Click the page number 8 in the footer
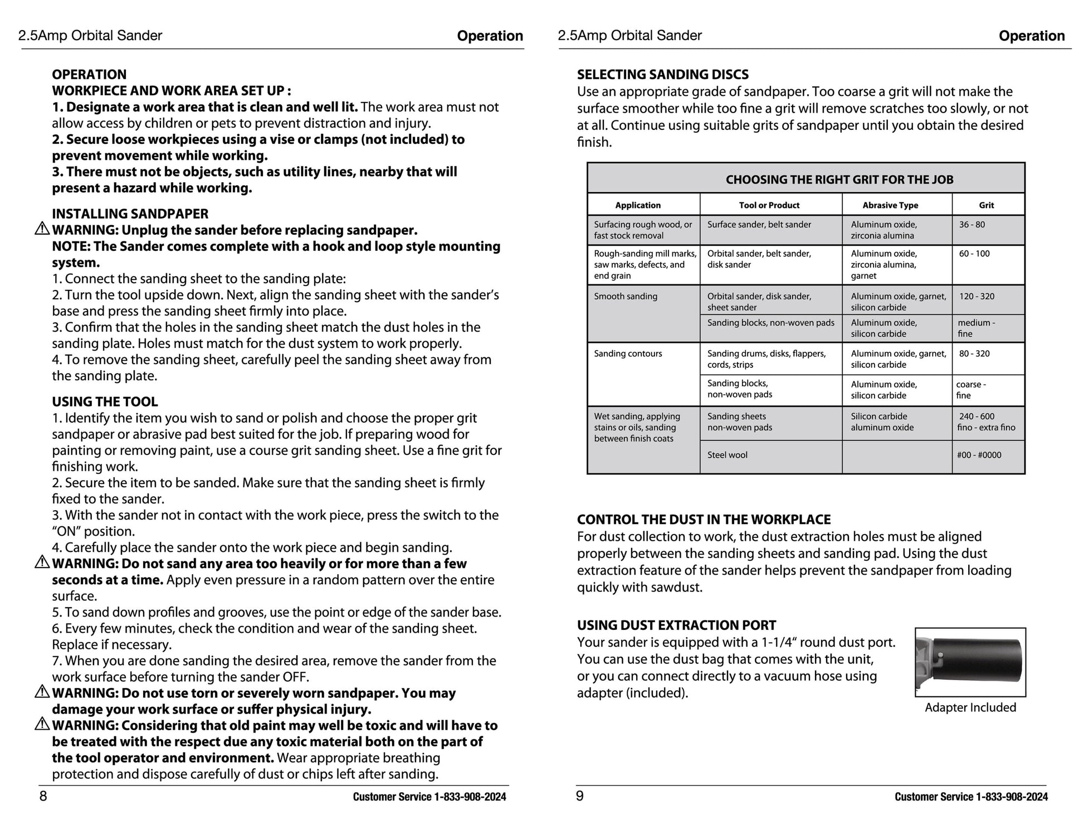[x=43, y=796]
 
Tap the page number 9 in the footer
[x=580, y=796]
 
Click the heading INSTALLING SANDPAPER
[x=130, y=214]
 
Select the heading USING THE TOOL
[x=105, y=401]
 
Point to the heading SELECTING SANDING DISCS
[x=662, y=74]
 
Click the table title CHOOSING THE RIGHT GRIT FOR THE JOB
[x=839, y=180]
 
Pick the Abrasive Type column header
[x=890, y=205]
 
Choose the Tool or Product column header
[x=769, y=205]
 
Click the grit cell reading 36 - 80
[x=971, y=225]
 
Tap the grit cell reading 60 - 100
[x=974, y=254]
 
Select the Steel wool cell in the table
[x=727, y=455]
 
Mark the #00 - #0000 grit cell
[x=979, y=455]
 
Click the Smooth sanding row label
[x=625, y=297]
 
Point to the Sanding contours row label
[x=628, y=353]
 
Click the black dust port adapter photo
[x=970, y=662]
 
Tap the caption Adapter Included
[x=970, y=707]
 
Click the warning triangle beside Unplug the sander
[x=42, y=229]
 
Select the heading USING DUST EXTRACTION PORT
[x=676, y=625]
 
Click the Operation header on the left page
[x=490, y=36]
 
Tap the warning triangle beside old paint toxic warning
[x=42, y=725]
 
